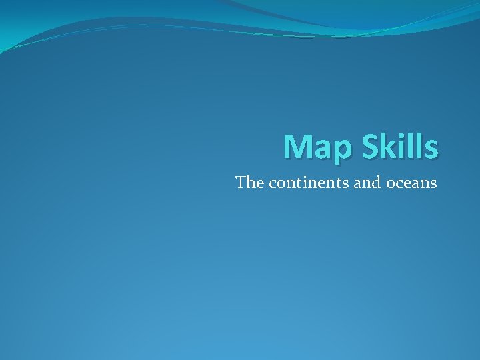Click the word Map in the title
318,147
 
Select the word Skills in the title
400,147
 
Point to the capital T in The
241,182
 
